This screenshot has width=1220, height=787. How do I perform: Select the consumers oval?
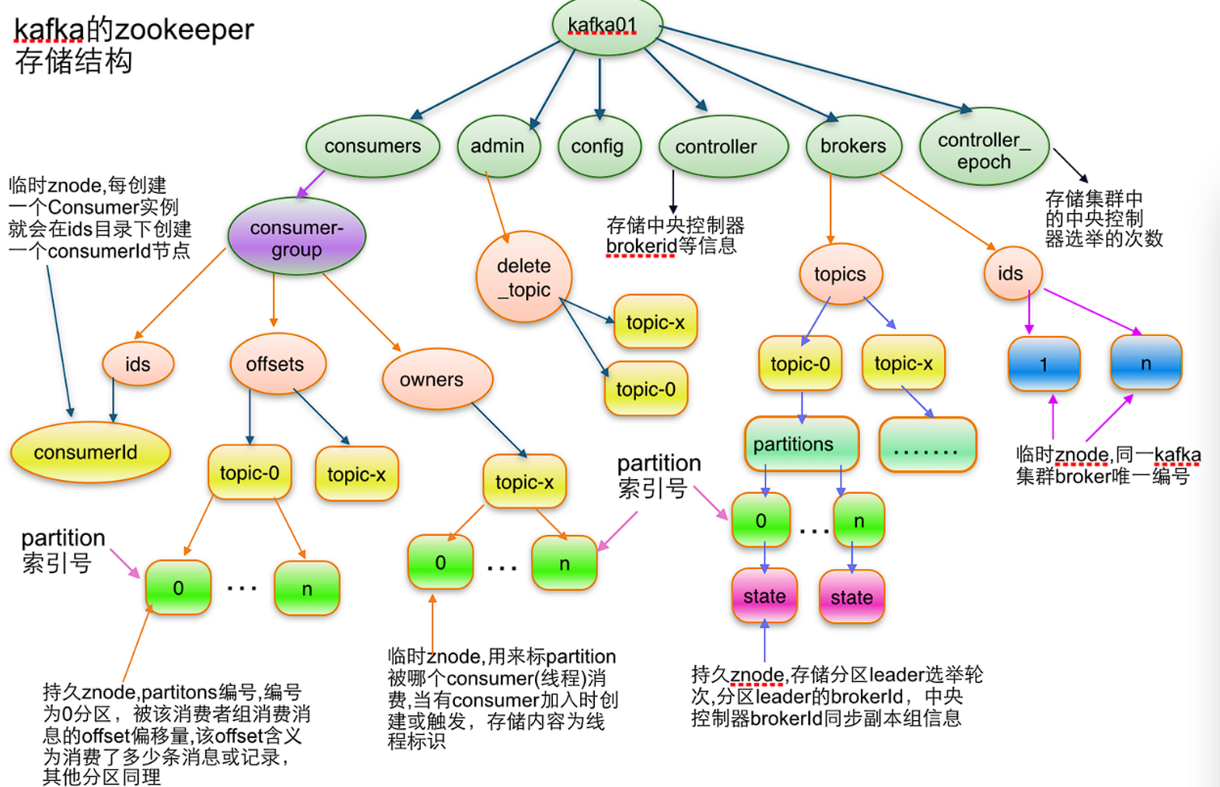pos(372,146)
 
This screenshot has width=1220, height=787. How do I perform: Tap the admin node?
pos(498,146)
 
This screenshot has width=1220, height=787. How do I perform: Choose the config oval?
pos(598,146)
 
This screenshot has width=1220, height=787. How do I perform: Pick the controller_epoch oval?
pos(984,149)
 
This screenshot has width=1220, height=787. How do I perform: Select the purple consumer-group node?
pos(296,237)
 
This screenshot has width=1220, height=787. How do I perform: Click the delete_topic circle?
pos(524,277)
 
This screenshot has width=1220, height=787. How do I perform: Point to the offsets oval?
pos(276,364)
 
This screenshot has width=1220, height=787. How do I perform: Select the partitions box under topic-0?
pos(800,444)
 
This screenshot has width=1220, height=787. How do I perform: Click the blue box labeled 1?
pos(1043,364)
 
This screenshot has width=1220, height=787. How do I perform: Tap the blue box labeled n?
pos(1145,363)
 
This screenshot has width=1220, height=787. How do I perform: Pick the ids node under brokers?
pos(1011,274)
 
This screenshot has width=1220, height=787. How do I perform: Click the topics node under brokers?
pos(840,274)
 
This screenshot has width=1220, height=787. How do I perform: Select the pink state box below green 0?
pos(764,596)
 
